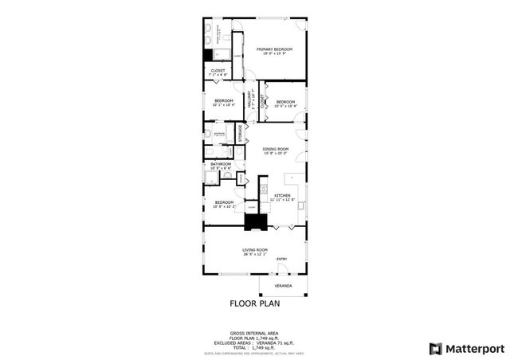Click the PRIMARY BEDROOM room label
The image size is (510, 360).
pos(274,49)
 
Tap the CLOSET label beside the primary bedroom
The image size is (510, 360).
pos(218,71)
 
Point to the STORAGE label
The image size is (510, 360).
pos(239,133)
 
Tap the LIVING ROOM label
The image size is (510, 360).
pos(254,249)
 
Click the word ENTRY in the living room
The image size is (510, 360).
pos(281,259)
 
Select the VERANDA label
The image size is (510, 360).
pos(283,285)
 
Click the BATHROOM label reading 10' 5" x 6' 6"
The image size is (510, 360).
pos(221,165)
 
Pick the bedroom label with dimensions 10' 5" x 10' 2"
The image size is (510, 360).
pos(224,203)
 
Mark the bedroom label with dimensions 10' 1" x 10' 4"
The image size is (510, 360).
pos(224,101)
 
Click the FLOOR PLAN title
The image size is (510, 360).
pos(255,303)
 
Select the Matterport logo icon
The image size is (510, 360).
pos(433,348)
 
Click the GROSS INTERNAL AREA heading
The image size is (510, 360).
pos(255,332)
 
